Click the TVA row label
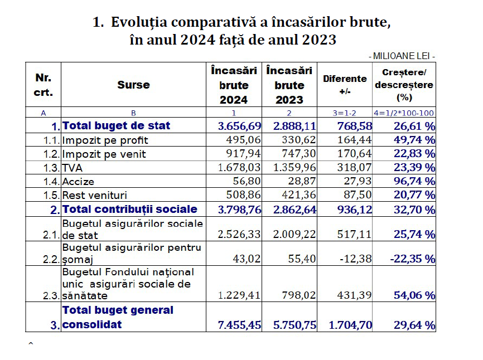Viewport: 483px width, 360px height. pos(73,168)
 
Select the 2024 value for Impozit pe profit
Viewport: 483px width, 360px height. pos(243,140)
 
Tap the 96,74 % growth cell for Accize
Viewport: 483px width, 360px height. pos(414,181)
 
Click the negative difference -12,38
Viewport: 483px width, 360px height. pos(355,259)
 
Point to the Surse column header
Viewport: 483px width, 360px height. pos(133,85)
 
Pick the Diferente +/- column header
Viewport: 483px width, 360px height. pos(345,85)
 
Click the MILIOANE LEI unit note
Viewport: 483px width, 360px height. pos(402,56)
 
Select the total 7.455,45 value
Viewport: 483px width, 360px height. pos(239,325)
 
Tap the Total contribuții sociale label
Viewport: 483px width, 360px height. pos(130,209)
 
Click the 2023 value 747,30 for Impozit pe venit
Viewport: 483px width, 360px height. pos(299,154)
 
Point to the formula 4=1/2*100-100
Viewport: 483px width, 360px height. pos(404,113)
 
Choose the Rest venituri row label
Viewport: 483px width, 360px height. pos(95,196)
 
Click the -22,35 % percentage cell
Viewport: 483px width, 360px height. pos(413,259)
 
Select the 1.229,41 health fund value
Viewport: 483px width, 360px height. pos(239,295)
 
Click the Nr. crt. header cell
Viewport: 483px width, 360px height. pos(43,85)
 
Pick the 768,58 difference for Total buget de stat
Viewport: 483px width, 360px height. pos(355,126)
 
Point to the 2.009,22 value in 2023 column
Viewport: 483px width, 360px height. pos(294,235)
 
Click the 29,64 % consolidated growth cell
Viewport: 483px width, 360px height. pos(414,325)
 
